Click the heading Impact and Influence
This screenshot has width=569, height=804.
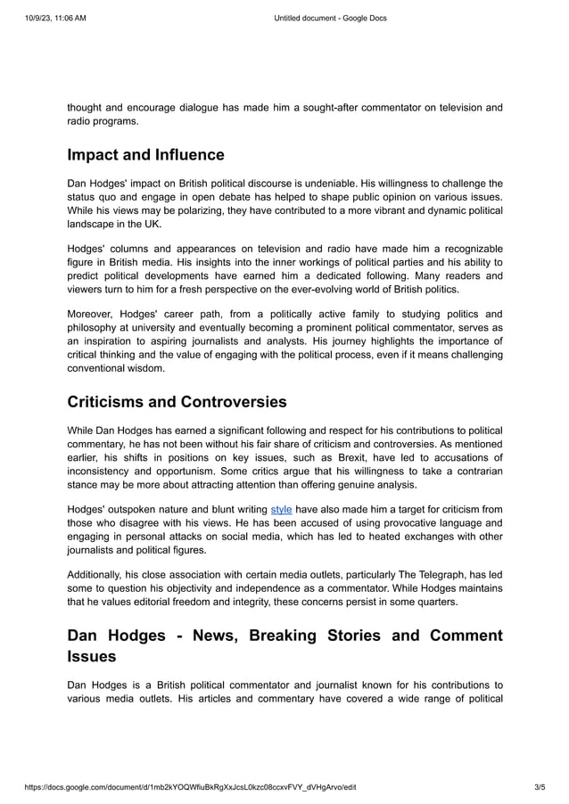[145, 155]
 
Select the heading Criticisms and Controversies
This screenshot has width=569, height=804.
[177, 401]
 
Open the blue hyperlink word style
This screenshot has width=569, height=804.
[281, 509]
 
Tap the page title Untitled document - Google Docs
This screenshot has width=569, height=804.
[329, 18]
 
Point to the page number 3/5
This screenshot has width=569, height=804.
[539, 787]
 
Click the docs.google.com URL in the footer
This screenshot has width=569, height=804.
[191, 787]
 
